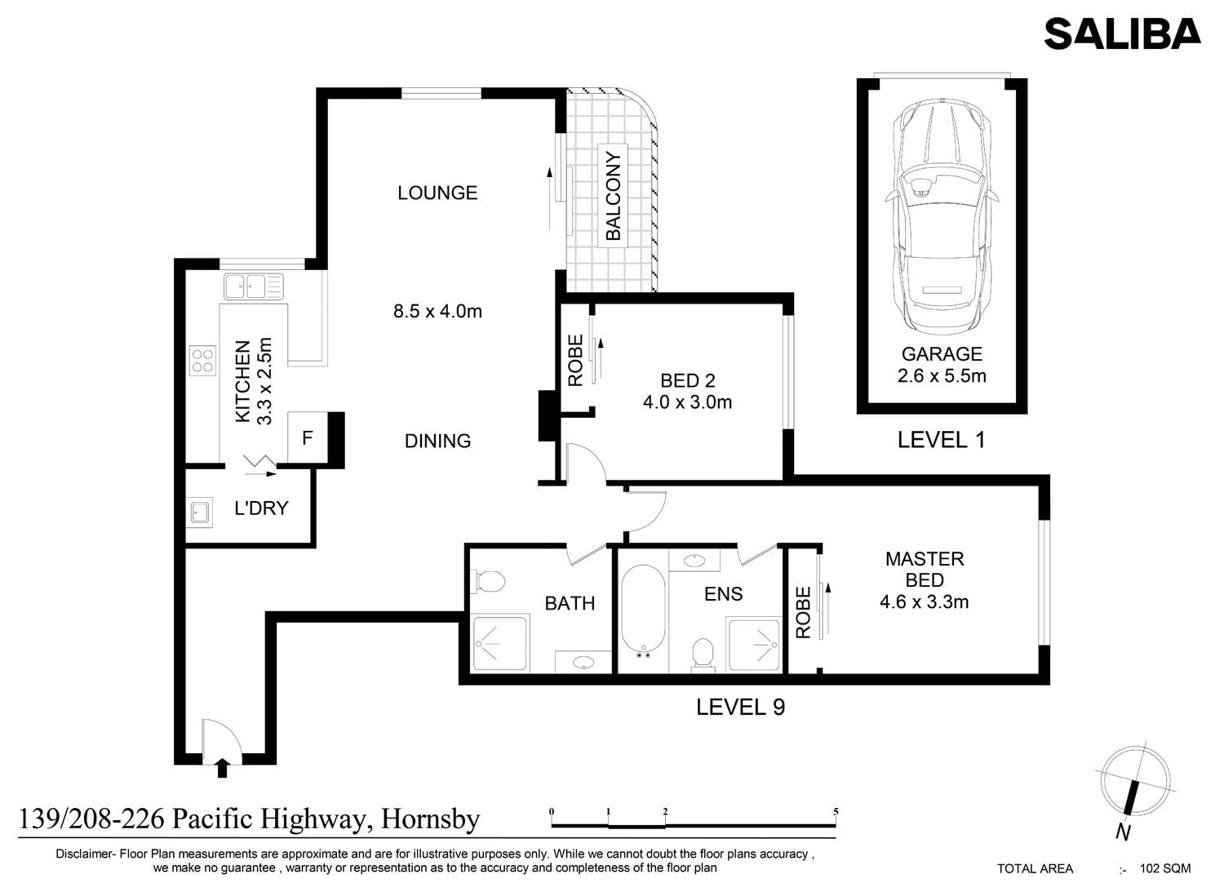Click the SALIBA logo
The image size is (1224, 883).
coord(1122,34)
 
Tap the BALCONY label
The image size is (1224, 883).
coord(614,196)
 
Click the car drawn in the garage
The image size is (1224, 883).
coord(942,216)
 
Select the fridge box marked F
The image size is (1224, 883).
coord(308,437)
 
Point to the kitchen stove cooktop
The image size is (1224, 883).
coord(202,361)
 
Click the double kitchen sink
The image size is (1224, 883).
coord(254,286)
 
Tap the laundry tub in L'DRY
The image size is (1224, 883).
coord(199,512)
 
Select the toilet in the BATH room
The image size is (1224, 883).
coord(490,581)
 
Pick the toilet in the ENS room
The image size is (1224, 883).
coord(703,655)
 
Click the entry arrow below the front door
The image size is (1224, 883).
coord(222,767)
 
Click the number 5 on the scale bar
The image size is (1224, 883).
coord(836,812)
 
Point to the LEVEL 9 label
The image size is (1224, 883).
coord(740,707)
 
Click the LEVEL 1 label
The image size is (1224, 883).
coord(941,440)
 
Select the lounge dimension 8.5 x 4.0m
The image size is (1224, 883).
coord(437,312)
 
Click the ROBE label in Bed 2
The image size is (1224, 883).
coord(576,361)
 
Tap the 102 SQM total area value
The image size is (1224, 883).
coord(1166,867)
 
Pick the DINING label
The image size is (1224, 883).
coord(437,441)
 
